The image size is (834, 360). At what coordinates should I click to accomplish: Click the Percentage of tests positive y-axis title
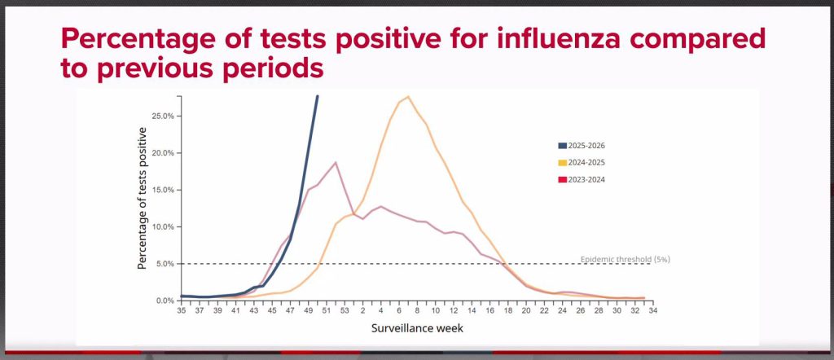pyautogui.click(x=142, y=198)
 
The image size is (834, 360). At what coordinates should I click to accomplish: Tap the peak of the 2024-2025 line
pyautogui.click(x=407, y=97)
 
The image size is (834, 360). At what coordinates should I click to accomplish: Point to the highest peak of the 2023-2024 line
pyautogui.click(x=336, y=163)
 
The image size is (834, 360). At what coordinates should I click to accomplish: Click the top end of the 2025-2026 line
pyautogui.click(x=317, y=97)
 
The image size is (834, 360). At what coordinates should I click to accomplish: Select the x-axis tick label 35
pyautogui.click(x=182, y=310)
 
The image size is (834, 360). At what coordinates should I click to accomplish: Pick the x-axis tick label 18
pyautogui.click(x=507, y=310)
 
